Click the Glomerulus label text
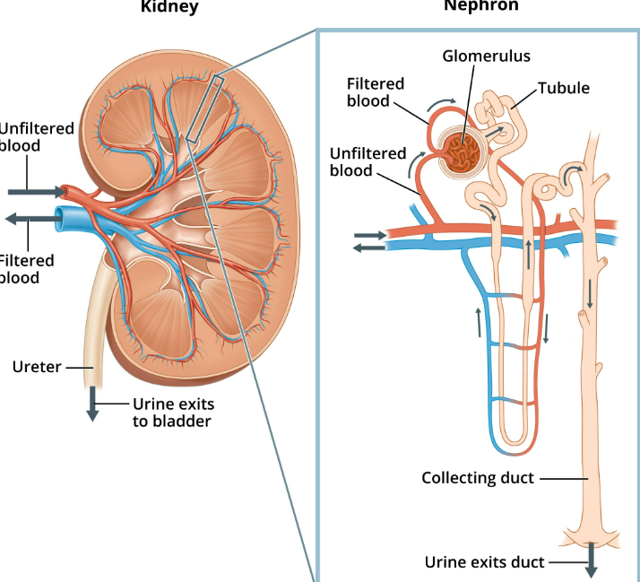coord(486,56)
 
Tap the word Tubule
coord(564,87)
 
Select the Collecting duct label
coord(478,478)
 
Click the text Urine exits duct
coord(484,562)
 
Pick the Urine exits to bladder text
coord(172,412)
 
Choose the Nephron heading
coord(480,6)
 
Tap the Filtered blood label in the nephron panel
coord(376,91)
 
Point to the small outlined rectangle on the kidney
coord(203,110)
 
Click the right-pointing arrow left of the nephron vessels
coord(370,235)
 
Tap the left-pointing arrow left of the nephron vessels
coord(369,248)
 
